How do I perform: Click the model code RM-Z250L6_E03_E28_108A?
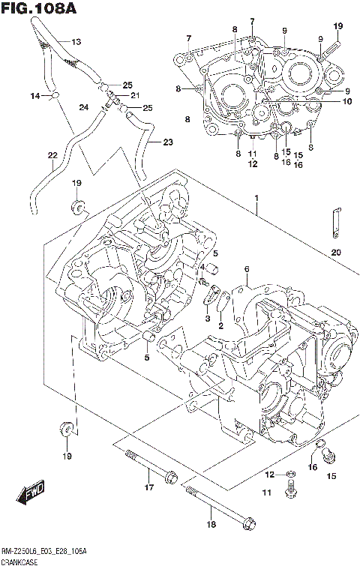[46, 552]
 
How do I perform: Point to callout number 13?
[76, 41]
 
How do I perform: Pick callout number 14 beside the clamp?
[34, 96]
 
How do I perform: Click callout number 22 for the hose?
[52, 155]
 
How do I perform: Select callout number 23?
[167, 142]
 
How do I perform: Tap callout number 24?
[82, 106]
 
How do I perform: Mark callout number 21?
[136, 95]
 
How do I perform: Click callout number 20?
[335, 251]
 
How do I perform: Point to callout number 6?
[245, 269]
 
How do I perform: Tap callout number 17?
[148, 488]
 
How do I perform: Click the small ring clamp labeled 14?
[55, 95]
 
